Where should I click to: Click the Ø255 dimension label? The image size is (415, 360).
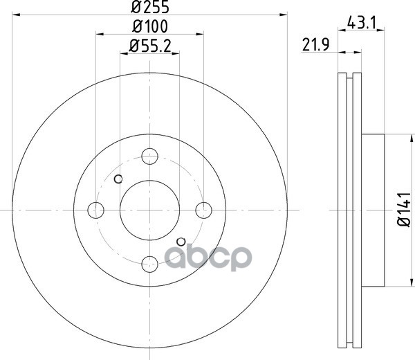click(150, 7)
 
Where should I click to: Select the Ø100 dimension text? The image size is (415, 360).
click(150, 26)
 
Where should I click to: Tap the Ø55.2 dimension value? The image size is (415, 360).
click(150, 46)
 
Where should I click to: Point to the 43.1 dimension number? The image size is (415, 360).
click(361, 23)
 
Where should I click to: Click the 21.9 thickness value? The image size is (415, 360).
click(316, 45)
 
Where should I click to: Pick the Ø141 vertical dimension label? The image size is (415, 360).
click(404, 210)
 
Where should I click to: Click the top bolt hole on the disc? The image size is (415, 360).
click(150, 156)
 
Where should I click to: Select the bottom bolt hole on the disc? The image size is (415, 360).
click(150, 264)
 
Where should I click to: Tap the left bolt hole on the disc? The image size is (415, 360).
click(96, 210)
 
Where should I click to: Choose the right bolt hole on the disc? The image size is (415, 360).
click(204, 210)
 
